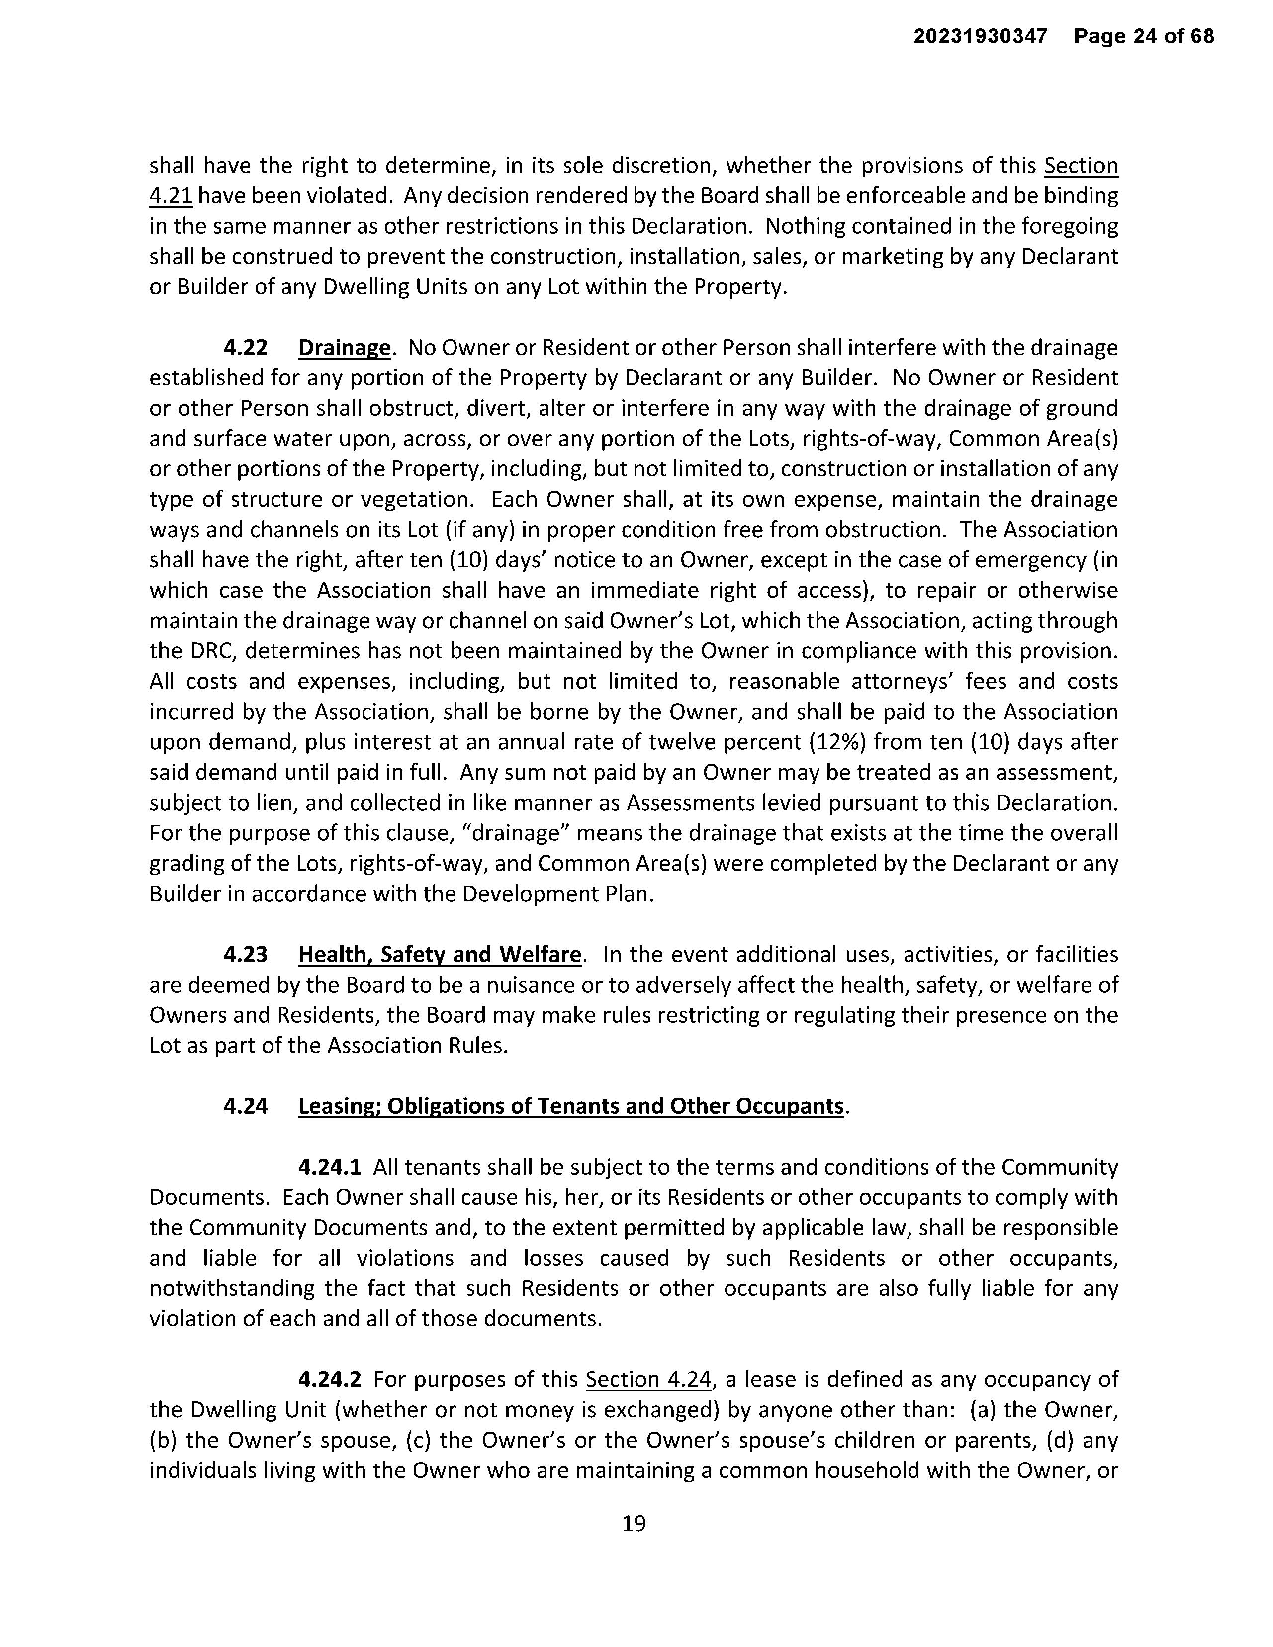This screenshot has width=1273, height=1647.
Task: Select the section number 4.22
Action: tap(245, 348)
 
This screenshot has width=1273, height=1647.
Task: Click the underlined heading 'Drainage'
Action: tap(345, 348)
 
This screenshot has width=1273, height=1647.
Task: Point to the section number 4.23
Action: tap(245, 955)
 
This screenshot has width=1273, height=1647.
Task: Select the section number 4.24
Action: tap(245, 1106)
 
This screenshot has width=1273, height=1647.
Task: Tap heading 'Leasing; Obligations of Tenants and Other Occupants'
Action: tap(571, 1106)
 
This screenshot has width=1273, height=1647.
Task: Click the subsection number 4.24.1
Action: tap(330, 1168)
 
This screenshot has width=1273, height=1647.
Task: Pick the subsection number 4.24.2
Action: tap(330, 1380)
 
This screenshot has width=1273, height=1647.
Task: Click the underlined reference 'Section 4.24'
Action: tap(648, 1380)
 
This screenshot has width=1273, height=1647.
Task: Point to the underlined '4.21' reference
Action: tap(171, 196)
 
